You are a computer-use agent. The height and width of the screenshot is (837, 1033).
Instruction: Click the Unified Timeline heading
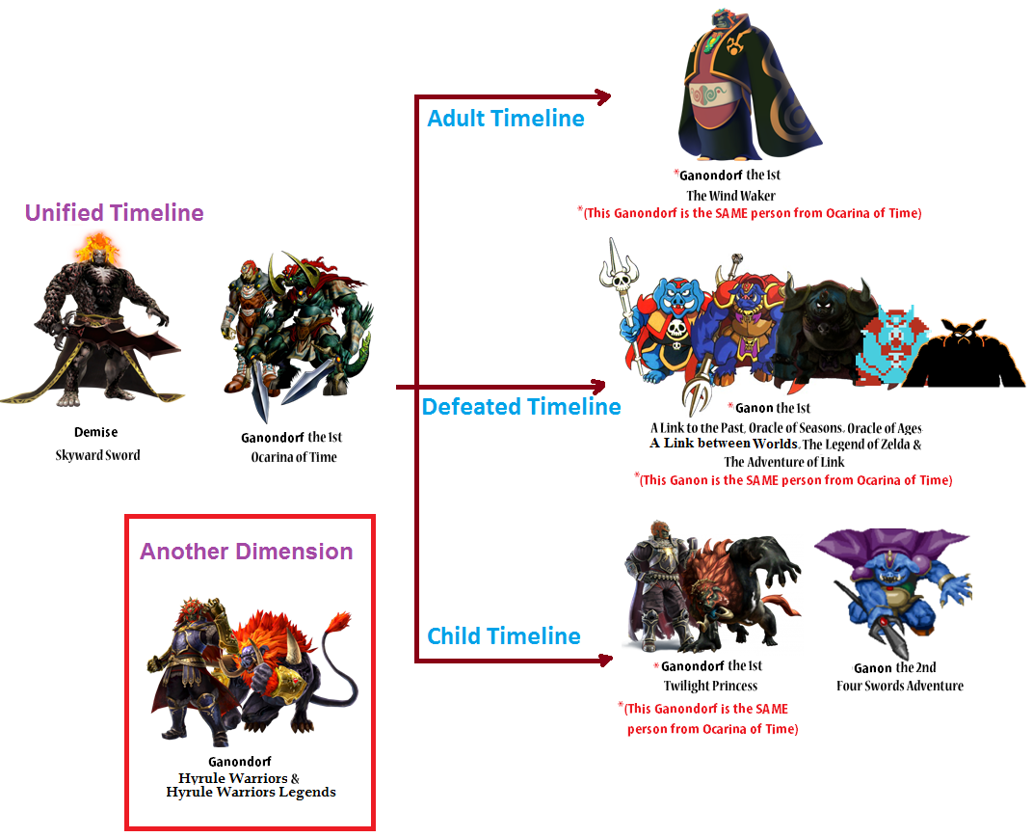(x=114, y=213)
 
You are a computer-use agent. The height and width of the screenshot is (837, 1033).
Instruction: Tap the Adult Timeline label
(x=506, y=118)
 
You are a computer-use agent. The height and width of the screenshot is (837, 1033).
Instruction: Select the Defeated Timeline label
(x=521, y=407)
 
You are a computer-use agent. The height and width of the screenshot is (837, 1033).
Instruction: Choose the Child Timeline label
(x=504, y=636)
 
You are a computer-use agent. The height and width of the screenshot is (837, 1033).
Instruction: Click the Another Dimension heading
(x=247, y=551)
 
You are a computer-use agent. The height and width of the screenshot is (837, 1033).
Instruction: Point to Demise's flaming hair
(x=97, y=247)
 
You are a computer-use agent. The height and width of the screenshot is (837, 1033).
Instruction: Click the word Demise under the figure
(x=96, y=432)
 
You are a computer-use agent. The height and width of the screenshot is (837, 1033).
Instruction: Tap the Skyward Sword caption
(x=97, y=455)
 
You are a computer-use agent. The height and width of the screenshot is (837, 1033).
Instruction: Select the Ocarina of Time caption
(x=294, y=457)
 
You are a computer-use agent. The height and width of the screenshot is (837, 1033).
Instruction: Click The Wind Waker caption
(x=730, y=196)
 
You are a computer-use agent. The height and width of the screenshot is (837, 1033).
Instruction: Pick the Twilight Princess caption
(x=710, y=686)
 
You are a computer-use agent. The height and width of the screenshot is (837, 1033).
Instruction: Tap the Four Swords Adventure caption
(x=900, y=686)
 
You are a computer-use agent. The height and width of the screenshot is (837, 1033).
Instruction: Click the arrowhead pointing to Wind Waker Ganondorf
(x=603, y=96)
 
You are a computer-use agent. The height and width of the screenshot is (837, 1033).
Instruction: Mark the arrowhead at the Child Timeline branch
(x=605, y=660)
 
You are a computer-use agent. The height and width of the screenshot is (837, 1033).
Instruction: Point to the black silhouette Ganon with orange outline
(x=964, y=354)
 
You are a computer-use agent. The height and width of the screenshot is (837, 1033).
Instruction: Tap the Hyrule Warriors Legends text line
(x=251, y=793)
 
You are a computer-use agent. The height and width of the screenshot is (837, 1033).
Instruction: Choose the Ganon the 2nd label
(x=894, y=667)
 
